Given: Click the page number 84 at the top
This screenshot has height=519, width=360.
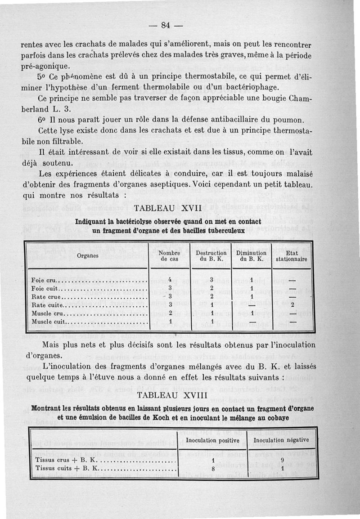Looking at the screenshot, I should [x=165, y=26].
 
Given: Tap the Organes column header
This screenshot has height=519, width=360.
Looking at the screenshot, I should [x=88, y=255].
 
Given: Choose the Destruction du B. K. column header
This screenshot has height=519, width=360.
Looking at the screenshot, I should [x=211, y=256].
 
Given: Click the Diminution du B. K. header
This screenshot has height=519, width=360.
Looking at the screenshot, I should [x=252, y=256].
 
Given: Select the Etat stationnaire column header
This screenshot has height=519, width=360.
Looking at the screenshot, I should [x=292, y=256].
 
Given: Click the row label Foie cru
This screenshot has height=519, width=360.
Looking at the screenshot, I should [x=44, y=281].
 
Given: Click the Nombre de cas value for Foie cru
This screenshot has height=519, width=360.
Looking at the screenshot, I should [x=170, y=280].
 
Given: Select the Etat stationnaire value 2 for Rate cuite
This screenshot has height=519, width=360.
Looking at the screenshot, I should [x=292, y=305].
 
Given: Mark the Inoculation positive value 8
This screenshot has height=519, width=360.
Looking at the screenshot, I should [x=212, y=468].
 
